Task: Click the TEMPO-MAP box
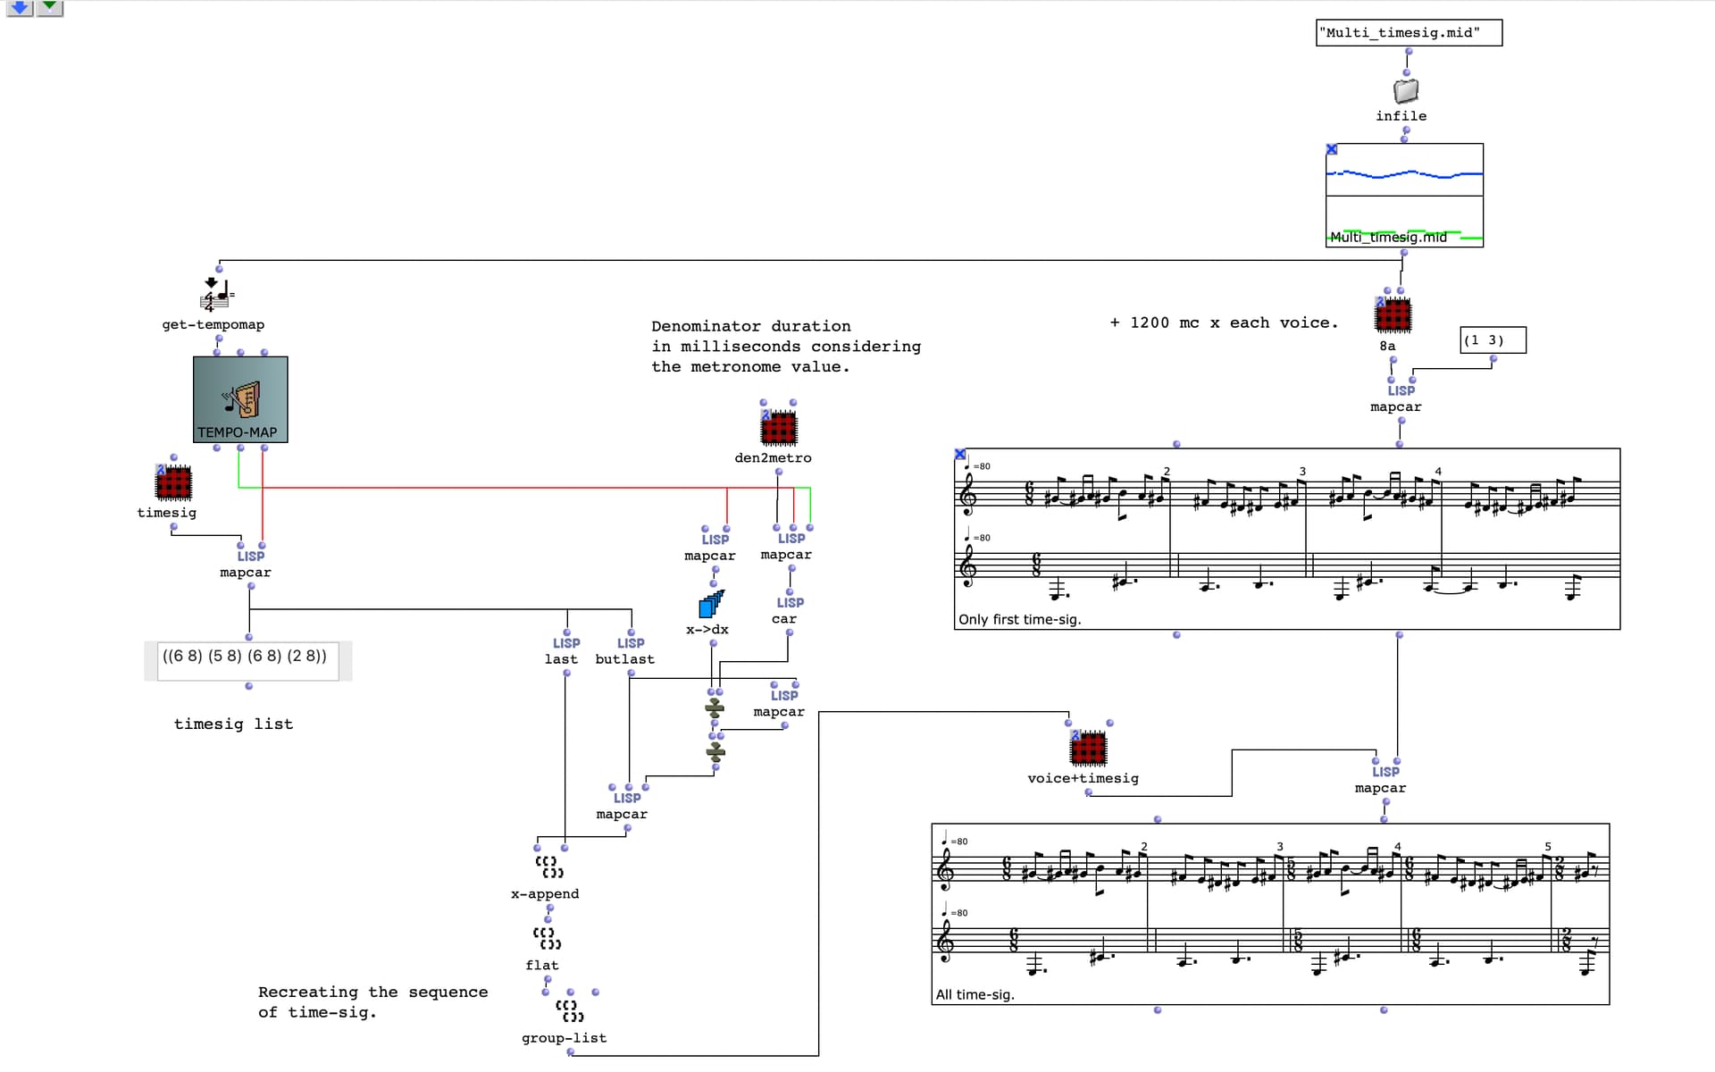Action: pos(240,399)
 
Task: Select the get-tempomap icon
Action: pos(216,294)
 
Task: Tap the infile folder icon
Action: pos(1405,90)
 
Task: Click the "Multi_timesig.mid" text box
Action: pos(1409,33)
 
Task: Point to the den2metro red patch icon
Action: pos(778,428)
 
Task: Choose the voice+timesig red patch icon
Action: pos(1088,748)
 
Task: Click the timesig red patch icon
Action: pos(173,482)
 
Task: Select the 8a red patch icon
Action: pos(1393,315)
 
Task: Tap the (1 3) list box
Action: pos(1493,340)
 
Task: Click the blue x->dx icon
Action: pos(711,605)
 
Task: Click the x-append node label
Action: pos(545,893)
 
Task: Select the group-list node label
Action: pos(564,1038)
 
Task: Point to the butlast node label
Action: pos(624,659)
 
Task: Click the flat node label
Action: pos(542,965)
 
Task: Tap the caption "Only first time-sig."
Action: pos(1020,619)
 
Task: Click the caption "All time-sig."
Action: pos(975,994)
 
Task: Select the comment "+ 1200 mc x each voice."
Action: pos(1224,322)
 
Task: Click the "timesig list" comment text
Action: pos(233,724)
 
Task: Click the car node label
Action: pos(784,619)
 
